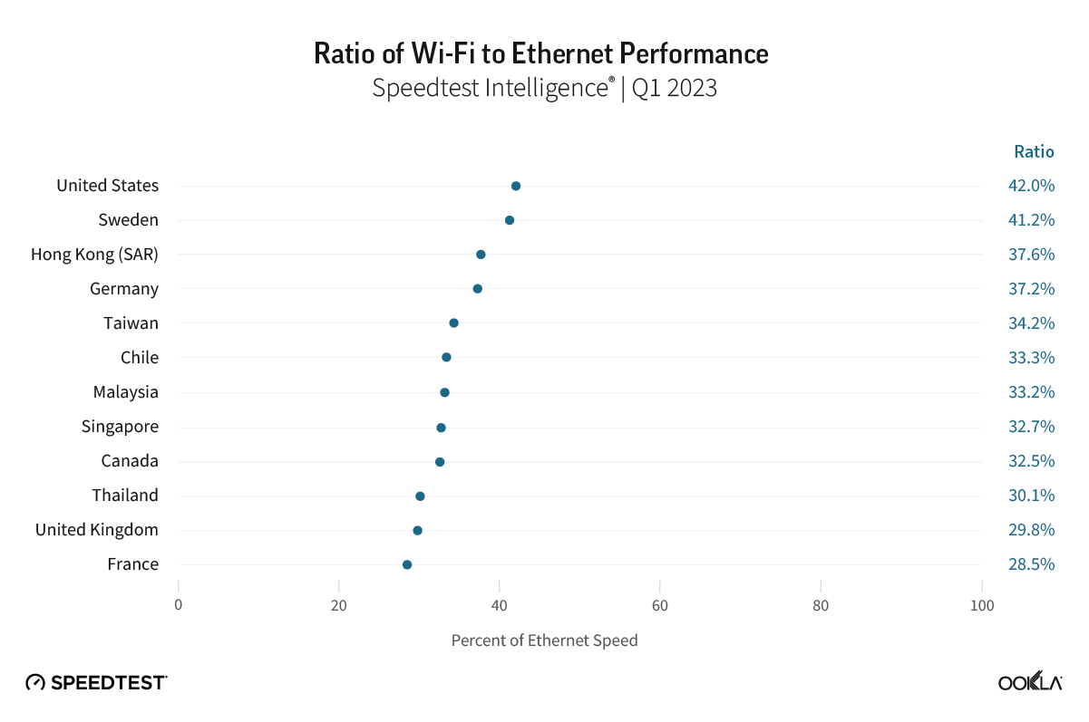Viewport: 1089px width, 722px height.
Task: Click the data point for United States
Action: point(516,186)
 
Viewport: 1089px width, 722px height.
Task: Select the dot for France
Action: point(407,564)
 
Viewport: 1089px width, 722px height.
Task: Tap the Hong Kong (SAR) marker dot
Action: point(481,255)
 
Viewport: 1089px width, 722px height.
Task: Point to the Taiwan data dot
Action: point(453,323)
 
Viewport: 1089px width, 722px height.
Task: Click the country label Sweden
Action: point(129,220)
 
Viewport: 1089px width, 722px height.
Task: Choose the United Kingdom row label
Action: point(97,530)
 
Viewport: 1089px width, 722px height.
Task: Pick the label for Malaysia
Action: point(126,392)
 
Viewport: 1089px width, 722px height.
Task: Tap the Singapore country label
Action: point(120,427)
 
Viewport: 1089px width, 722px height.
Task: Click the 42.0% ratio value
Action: point(1031,186)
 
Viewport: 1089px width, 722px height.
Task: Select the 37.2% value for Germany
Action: point(1031,289)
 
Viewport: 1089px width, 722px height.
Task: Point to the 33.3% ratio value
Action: point(1031,358)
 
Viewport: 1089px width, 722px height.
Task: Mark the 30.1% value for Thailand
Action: point(1031,496)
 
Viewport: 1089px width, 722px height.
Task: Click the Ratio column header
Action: point(1034,151)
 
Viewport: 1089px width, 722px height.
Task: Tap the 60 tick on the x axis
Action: point(660,606)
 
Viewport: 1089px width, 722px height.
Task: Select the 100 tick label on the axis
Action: point(982,606)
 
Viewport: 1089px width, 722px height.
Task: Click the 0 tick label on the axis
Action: point(179,606)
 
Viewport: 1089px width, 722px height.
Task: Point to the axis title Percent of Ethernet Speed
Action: point(544,640)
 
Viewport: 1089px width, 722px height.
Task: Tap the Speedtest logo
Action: point(96,682)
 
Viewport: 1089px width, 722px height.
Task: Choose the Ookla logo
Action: point(1030,682)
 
